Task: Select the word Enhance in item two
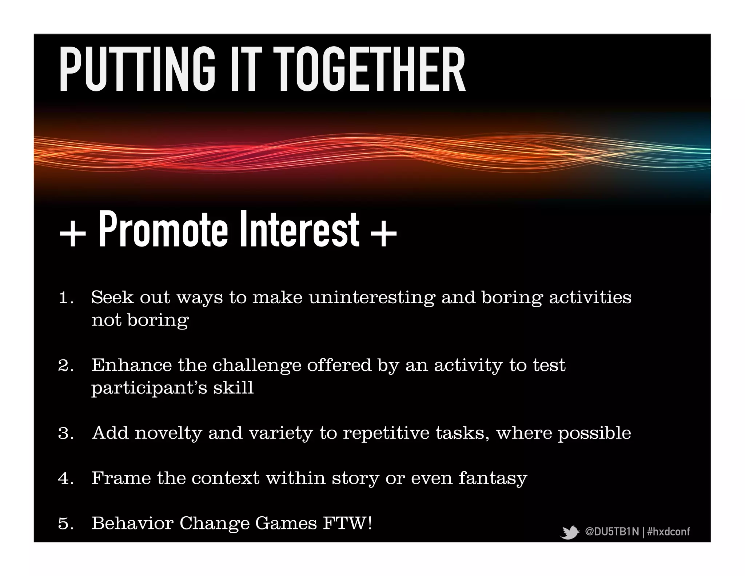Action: pos(131,365)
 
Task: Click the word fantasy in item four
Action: pos(493,479)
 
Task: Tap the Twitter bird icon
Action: pos(569,532)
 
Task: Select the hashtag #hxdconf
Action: pos(668,532)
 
